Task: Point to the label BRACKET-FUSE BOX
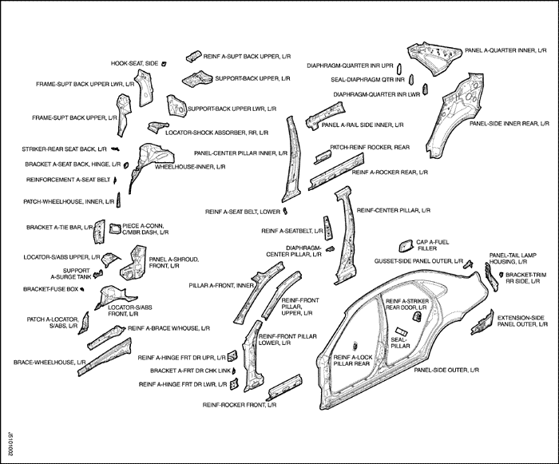pos(52,288)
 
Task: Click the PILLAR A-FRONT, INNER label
pos(220,285)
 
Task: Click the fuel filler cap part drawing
pos(403,244)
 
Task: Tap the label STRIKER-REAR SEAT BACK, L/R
pos(64,149)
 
